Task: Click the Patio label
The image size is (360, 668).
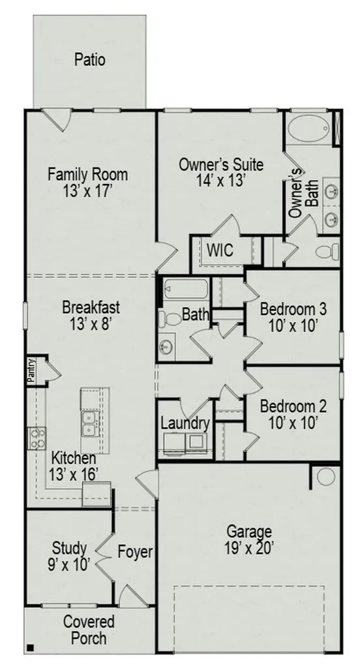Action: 89,59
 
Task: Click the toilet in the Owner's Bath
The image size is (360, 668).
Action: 328,251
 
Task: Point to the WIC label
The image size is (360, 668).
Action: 220,250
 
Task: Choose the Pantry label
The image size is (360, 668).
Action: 31,371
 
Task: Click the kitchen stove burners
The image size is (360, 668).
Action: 37,438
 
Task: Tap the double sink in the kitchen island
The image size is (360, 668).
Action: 90,424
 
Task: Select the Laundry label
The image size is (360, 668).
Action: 185,423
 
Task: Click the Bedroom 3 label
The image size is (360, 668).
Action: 293,309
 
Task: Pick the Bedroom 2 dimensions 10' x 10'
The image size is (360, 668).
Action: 293,423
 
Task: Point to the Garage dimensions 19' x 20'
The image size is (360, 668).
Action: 249,548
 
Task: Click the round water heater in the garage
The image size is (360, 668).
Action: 326,477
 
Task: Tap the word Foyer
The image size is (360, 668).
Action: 135,552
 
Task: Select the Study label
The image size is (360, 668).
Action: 69,548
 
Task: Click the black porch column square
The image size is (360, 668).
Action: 30,648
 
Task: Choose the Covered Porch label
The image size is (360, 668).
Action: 89,630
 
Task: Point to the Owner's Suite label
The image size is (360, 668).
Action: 220,164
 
